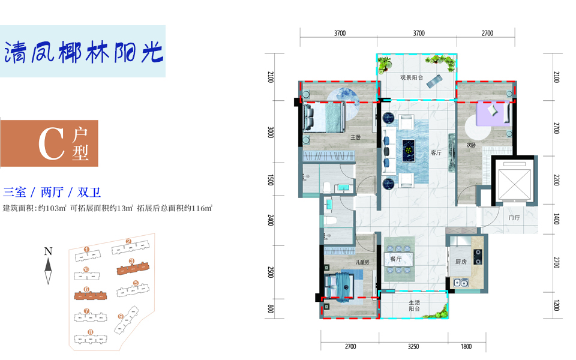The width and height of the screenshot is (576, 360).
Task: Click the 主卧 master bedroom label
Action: [x=356, y=137]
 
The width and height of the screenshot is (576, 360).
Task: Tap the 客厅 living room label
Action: [x=436, y=153]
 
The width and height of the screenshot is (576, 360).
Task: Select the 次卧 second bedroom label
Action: [x=472, y=145]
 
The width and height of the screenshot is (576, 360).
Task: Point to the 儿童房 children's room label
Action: [x=362, y=262]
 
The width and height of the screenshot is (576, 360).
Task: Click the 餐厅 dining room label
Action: [x=395, y=259]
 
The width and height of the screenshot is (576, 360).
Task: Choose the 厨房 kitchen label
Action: [x=461, y=262]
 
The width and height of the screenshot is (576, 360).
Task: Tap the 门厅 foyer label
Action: [x=514, y=218]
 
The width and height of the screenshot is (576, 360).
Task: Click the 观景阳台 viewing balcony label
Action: [x=412, y=77]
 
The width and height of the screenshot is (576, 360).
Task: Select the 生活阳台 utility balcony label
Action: [x=415, y=305]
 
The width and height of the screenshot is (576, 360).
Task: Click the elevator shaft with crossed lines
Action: [x=515, y=182]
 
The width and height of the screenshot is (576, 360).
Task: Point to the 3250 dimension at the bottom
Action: [x=413, y=346]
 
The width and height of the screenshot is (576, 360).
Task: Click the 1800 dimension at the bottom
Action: [x=466, y=346]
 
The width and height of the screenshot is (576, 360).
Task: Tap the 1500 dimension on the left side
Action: [x=271, y=180]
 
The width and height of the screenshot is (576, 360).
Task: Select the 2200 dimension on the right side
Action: [x=556, y=180]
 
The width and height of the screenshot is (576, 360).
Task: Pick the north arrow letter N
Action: [x=48, y=251]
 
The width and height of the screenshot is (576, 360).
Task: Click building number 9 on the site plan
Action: [x=121, y=316]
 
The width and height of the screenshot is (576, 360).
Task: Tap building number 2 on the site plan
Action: [x=128, y=241]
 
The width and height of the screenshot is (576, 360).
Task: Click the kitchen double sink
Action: [x=461, y=283]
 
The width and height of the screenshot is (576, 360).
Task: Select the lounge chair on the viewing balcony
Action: [x=434, y=82]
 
